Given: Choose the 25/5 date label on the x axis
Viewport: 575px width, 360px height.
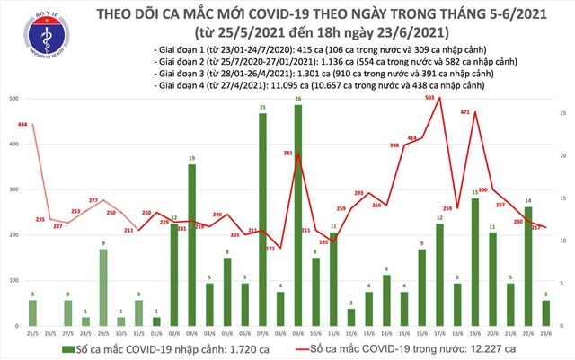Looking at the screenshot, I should [x=33, y=333].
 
